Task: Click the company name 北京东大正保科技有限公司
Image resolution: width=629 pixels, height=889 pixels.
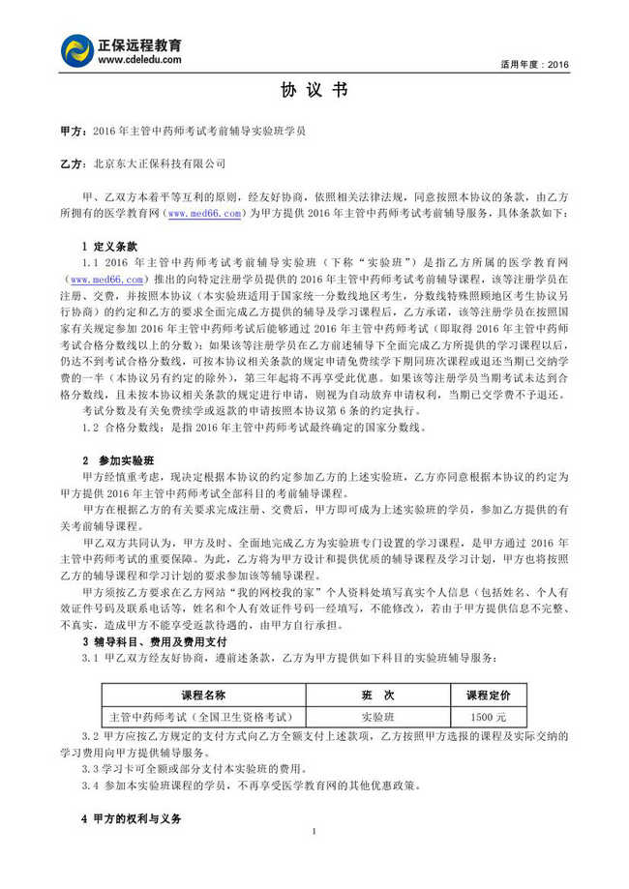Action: point(159,164)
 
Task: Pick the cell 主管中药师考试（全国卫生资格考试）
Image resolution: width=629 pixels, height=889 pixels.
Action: point(199,717)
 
